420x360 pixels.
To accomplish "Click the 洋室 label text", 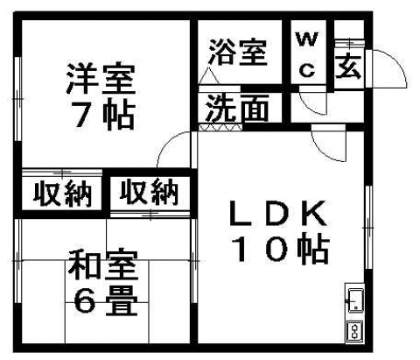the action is [101, 78].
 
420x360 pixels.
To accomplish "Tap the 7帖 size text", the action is [104, 116].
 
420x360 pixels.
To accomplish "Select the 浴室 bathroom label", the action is [238, 53].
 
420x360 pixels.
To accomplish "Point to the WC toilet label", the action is [307, 54].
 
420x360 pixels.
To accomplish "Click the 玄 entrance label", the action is [348, 67].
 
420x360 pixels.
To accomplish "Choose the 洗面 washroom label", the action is [237, 108].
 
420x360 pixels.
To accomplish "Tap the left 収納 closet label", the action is [62, 193].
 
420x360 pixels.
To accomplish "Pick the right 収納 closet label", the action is [149, 191].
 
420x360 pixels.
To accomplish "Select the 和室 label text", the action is [103, 265].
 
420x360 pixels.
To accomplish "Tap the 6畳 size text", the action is [105, 300].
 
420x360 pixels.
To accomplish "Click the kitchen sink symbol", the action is [355, 300].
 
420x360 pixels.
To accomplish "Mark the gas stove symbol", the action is [355, 331].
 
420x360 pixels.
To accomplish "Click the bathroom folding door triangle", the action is [209, 76].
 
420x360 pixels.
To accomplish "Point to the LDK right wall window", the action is [368, 227].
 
